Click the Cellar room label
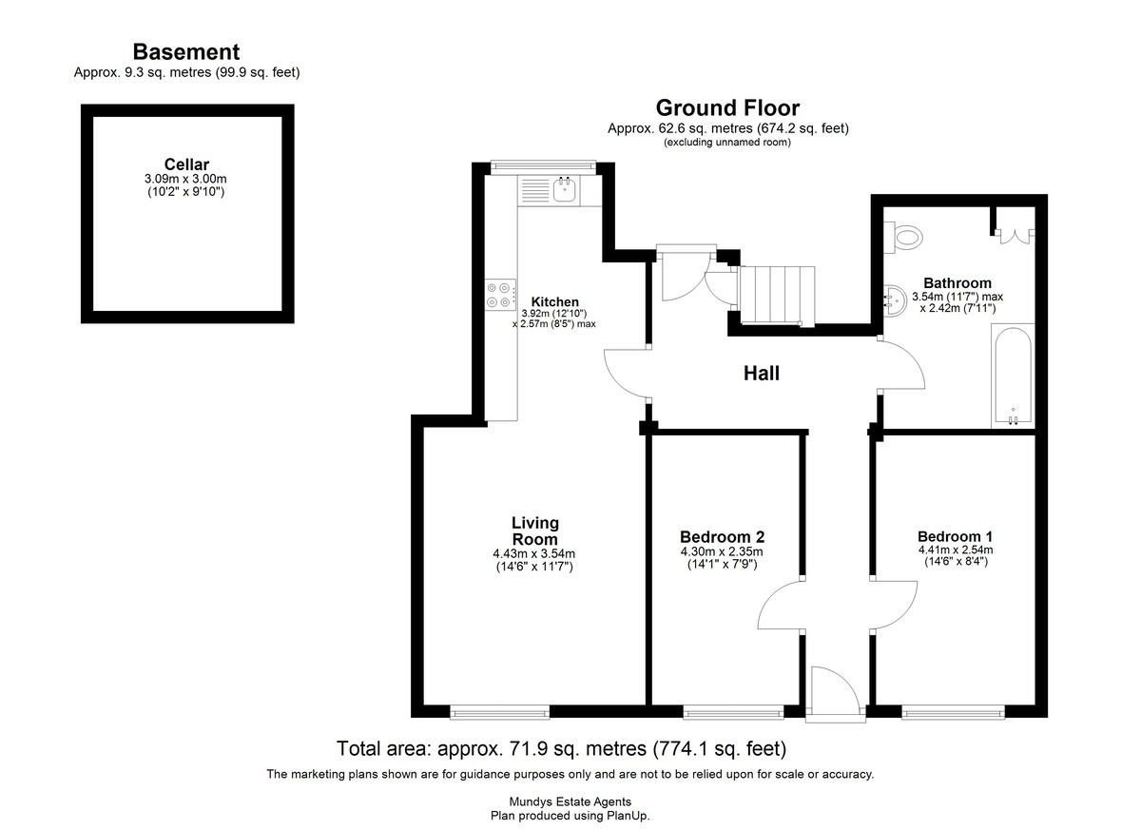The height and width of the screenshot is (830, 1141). coord(186,164)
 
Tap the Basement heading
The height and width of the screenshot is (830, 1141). coord(186,52)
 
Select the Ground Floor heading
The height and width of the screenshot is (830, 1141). coord(727,108)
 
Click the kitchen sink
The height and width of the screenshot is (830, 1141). coord(565,189)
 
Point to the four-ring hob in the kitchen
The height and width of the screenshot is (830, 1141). coord(500,295)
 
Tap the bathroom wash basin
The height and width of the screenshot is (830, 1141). coord(895,300)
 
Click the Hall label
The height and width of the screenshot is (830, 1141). coord(761,374)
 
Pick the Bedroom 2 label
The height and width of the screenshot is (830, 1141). coord(723,537)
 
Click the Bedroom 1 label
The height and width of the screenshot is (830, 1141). coord(955,536)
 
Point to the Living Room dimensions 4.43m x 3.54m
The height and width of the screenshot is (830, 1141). coord(533,553)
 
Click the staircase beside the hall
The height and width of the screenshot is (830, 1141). coord(777,296)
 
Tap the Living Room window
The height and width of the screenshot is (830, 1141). coord(500,712)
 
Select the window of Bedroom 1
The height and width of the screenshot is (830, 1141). coord(953,712)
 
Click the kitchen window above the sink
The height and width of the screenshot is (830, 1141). coord(543,166)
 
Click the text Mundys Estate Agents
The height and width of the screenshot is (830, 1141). coord(570,802)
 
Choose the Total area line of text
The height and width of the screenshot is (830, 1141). coord(561,748)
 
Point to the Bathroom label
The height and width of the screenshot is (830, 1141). coord(957,283)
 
